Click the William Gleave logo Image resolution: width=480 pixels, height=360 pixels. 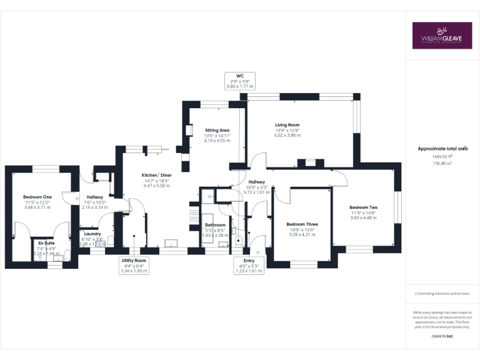[442, 36]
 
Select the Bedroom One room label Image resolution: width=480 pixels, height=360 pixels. [37, 197]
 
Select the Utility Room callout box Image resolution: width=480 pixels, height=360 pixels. [134, 265]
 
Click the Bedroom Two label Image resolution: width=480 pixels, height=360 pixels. [362, 207]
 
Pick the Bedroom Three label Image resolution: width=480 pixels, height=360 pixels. [302, 224]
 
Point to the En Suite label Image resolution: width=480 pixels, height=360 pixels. [46, 242]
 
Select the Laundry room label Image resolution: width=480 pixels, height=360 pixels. [92, 234]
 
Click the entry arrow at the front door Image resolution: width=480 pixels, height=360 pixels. [257, 252]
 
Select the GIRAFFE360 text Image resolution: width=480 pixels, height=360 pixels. [442, 337]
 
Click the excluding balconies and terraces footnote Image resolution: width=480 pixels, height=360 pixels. [442, 293]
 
